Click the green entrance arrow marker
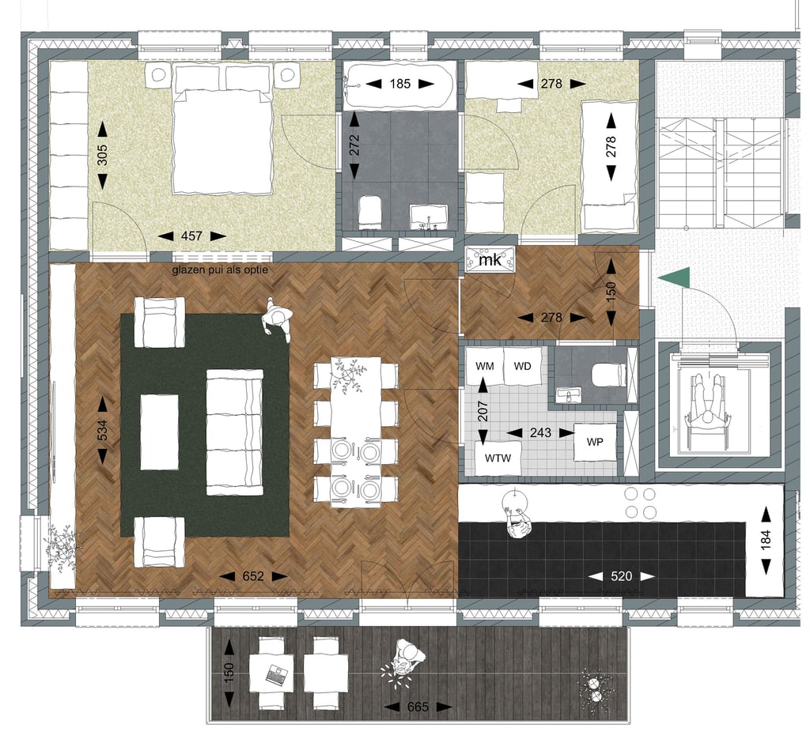678,279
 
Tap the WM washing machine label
485,367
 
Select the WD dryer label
522,367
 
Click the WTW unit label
498,458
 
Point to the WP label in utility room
595,442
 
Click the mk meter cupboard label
490,259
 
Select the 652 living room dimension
253,576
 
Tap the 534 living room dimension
102,431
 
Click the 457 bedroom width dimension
191,236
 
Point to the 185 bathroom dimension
399,83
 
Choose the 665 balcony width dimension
418,707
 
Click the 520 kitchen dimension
621,576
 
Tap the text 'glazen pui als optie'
220,270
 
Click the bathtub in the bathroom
399,85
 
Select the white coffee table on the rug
160,432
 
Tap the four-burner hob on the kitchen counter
640,503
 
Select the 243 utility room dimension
540,432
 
